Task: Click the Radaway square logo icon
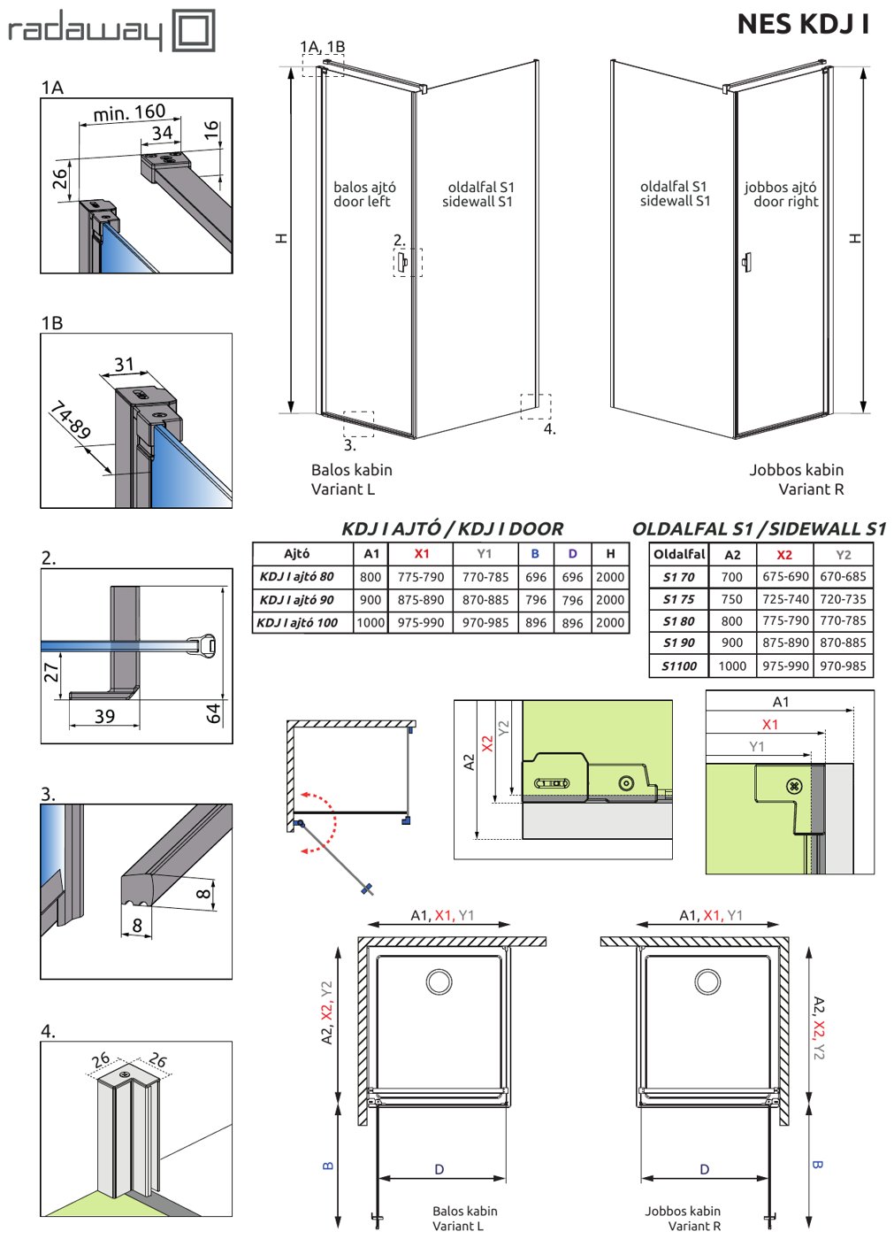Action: tap(194, 30)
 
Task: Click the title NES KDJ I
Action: tap(804, 25)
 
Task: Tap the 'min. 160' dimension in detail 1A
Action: tap(129, 113)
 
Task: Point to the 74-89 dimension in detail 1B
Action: tap(71, 420)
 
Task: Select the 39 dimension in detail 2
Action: tap(104, 716)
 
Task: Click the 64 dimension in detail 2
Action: tap(213, 713)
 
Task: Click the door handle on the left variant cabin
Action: tap(403, 261)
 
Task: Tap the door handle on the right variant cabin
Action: tap(747, 262)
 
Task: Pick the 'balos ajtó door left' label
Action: tap(364, 194)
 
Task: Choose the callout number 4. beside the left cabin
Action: tap(549, 428)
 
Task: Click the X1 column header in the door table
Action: tap(422, 553)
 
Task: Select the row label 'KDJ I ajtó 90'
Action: tap(297, 600)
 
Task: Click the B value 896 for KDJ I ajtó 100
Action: tap(535, 623)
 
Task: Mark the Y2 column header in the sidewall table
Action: tap(844, 555)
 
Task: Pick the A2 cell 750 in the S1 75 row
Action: tap(731, 599)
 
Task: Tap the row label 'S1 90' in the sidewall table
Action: tap(678, 643)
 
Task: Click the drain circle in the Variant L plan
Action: tap(439, 981)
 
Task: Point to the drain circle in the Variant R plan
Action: tap(707, 981)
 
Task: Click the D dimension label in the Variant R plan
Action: tap(705, 1169)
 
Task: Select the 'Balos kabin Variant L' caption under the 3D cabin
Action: tap(351, 479)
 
